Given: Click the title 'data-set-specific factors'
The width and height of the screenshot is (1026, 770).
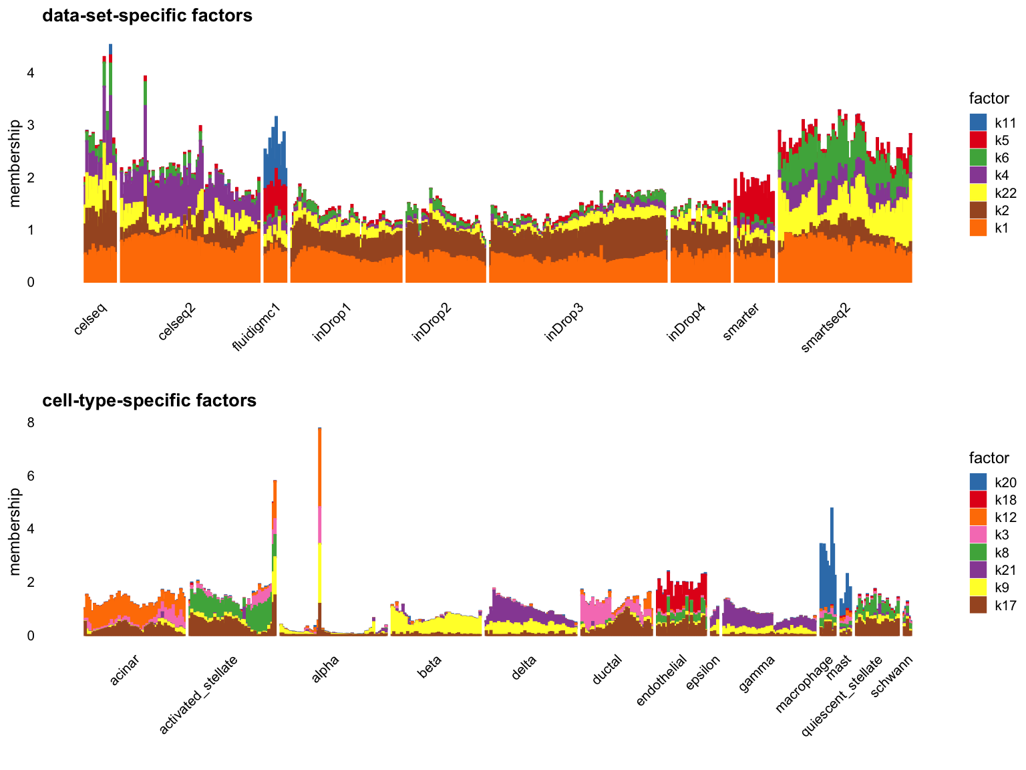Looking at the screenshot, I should coord(147,15).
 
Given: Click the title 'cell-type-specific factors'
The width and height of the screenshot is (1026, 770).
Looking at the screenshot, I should coord(149,400).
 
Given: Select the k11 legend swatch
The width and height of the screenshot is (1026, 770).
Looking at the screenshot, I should coord(978,123).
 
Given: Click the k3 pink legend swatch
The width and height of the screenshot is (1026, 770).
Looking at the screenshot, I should coord(978,535).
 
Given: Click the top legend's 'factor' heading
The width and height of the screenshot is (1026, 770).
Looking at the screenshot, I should coord(989,99).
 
